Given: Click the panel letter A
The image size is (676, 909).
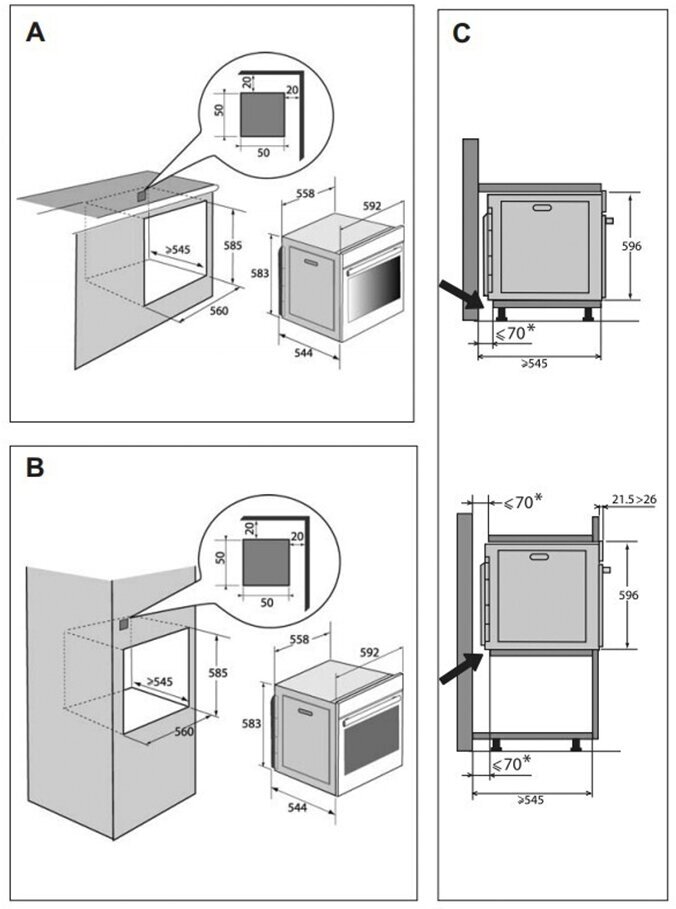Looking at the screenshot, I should [35, 32].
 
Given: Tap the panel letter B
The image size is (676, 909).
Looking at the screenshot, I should [35, 466].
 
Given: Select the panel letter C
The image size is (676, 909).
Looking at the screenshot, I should [461, 34].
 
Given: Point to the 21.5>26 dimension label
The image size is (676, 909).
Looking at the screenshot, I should [634, 499].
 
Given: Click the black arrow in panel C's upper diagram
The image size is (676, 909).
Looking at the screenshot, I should [461, 296].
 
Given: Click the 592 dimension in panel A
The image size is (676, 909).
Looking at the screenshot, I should [371, 206].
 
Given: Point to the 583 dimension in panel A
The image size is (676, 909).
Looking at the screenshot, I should [259, 272].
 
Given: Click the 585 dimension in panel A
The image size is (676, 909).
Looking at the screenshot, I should [233, 246].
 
